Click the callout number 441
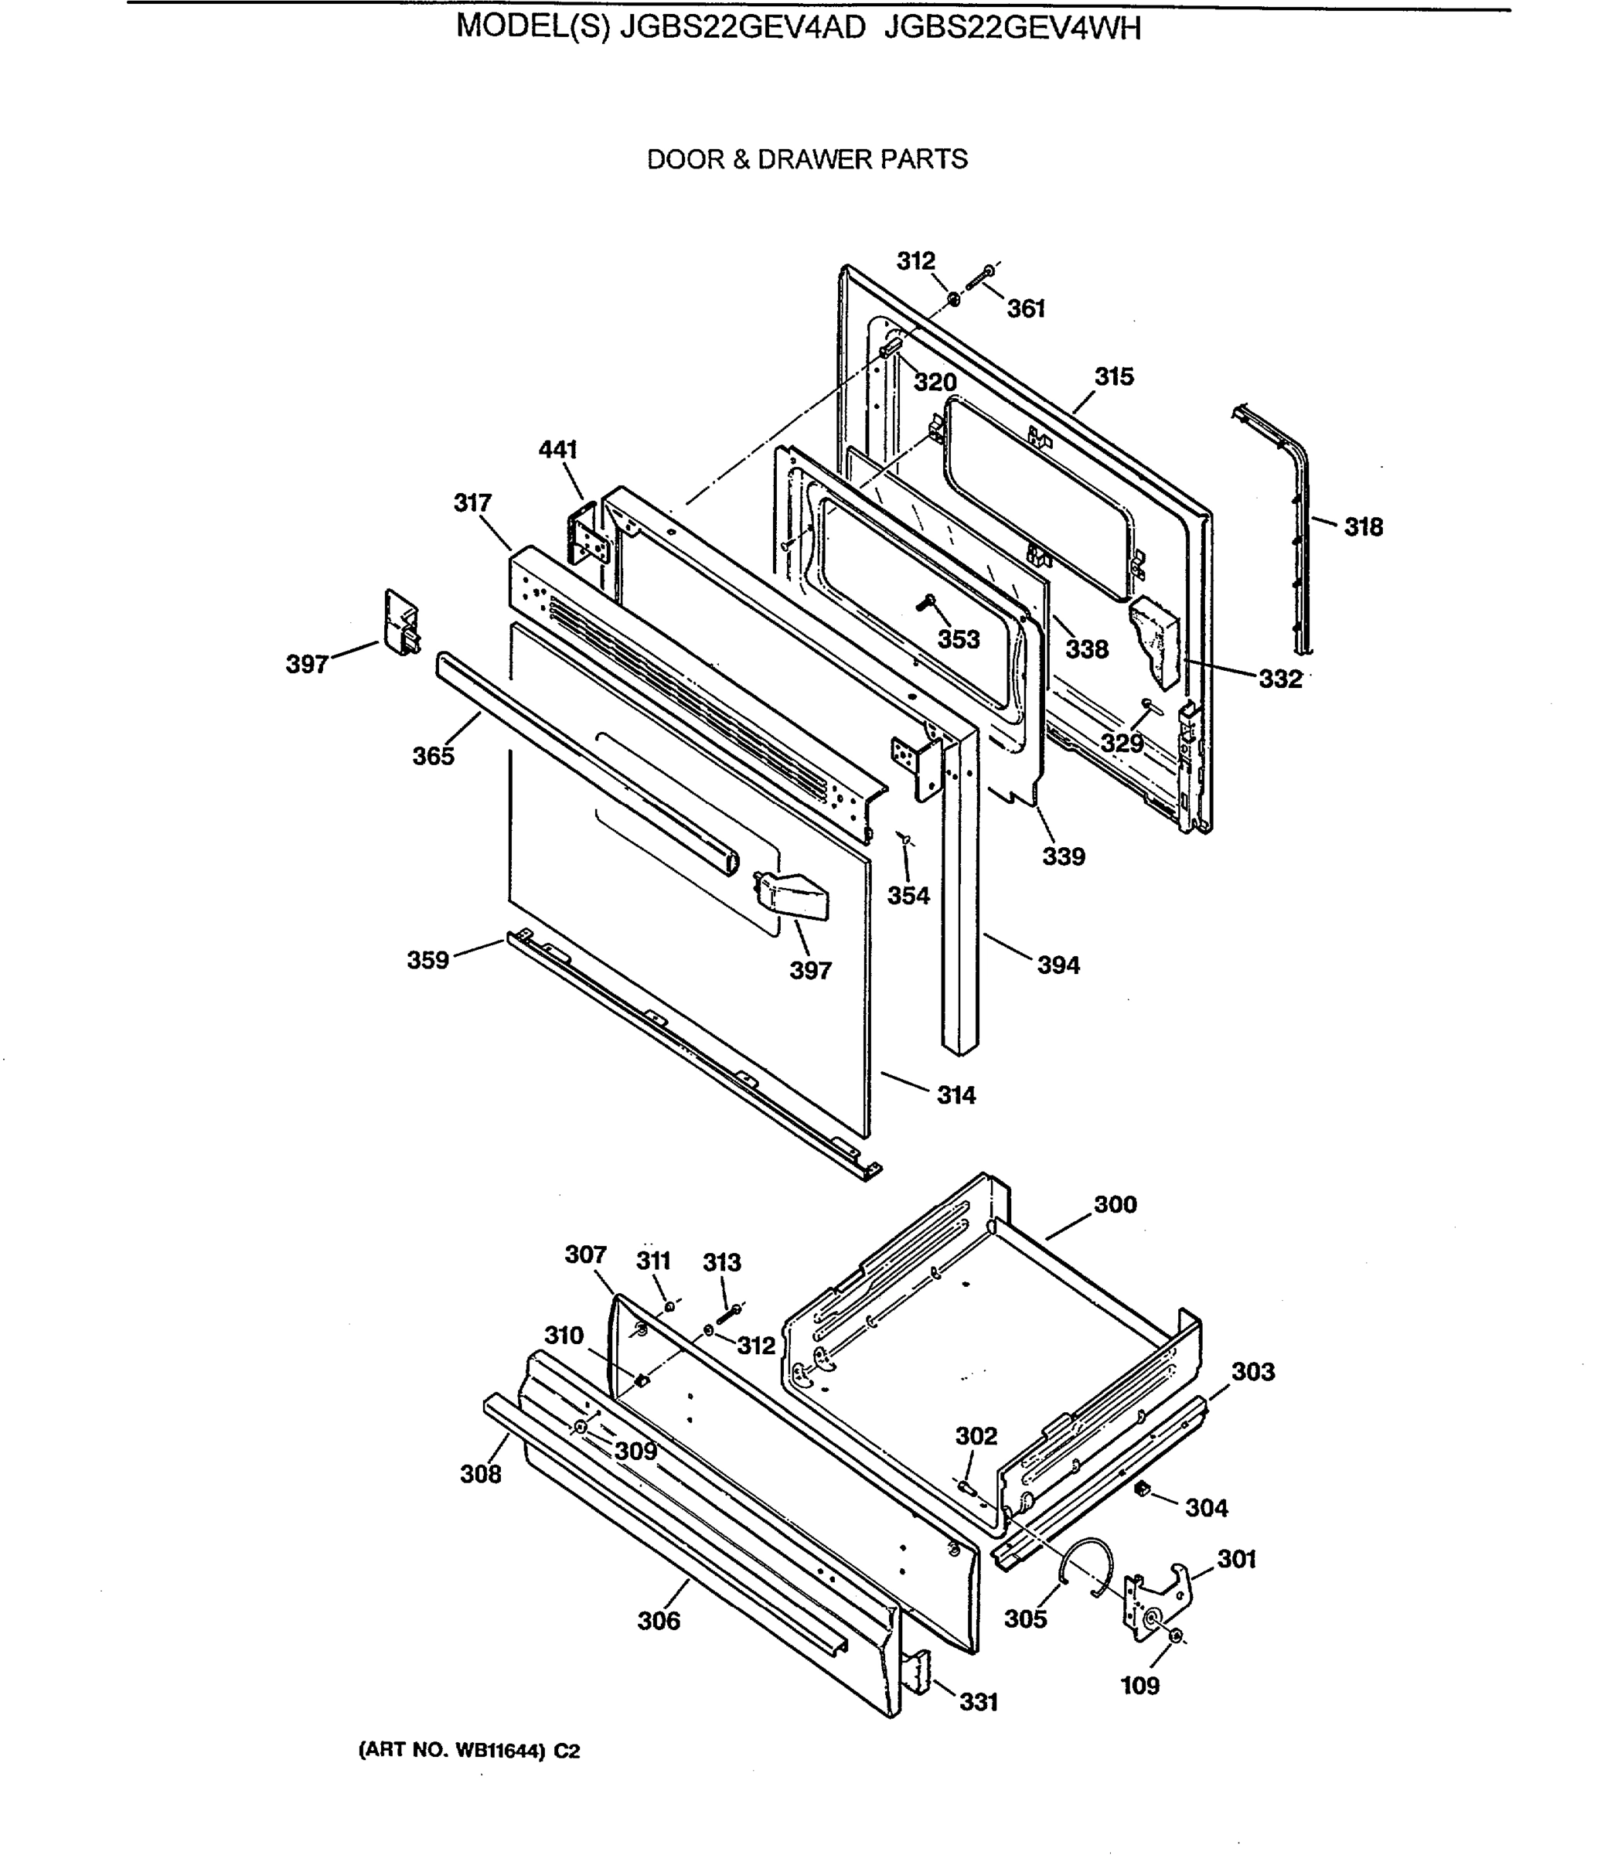(557, 449)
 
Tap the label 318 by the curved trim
(1363, 528)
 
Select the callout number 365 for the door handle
(434, 757)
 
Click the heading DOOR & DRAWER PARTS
(806, 160)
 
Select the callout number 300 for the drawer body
(1115, 1204)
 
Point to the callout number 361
(1026, 309)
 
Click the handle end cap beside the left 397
(401, 622)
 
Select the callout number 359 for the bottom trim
(428, 960)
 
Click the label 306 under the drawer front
(658, 1622)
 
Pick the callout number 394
(1058, 965)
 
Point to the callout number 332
(1279, 679)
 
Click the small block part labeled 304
(1143, 1490)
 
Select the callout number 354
(908, 896)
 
